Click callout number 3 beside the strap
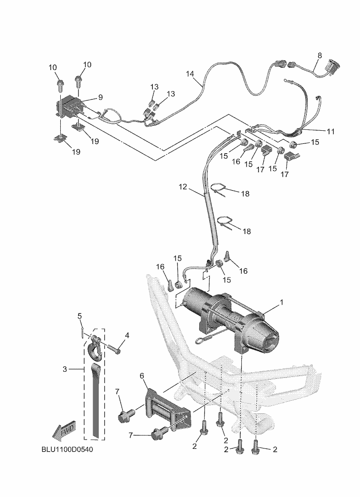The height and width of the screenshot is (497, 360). pyautogui.click(x=65, y=369)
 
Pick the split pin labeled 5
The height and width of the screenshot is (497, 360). pyautogui.click(x=82, y=332)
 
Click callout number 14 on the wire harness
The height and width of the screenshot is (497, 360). pyautogui.click(x=189, y=74)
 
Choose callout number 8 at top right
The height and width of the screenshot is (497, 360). pyautogui.click(x=319, y=55)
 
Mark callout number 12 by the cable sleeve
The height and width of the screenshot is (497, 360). pyautogui.click(x=183, y=187)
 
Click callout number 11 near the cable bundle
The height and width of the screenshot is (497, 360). pyautogui.click(x=331, y=131)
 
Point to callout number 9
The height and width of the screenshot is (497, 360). pyautogui.click(x=100, y=97)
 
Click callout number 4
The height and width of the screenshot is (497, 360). pyautogui.click(x=127, y=335)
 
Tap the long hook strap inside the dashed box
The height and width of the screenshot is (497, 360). pyautogui.click(x=95, y=397)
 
